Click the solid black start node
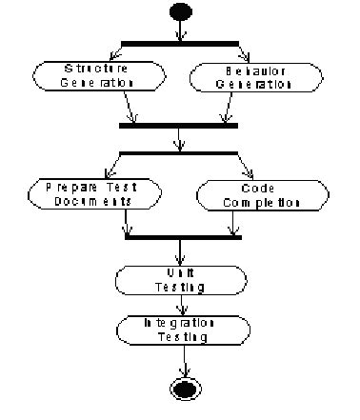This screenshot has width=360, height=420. pyautogui.click(x=179, y=12)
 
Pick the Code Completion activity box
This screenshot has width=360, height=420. pyautogui.click(x=249, y=195)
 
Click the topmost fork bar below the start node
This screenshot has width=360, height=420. pyautogui.click(x=179, y=43)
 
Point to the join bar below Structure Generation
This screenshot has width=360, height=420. pyautogui.click(x=179, y=125)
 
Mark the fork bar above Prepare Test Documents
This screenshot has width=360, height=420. pyautogui.click(x=179, y=152)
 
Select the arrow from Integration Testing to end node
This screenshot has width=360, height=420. pyautogui.click(x=179, y=362)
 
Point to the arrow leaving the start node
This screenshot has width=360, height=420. pyautogui.click(x=179, y=30)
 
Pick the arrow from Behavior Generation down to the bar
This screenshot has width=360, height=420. pyautogui.click(x=228, y=107)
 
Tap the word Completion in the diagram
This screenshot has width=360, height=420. pyautogui.click(x=257, y=203)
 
